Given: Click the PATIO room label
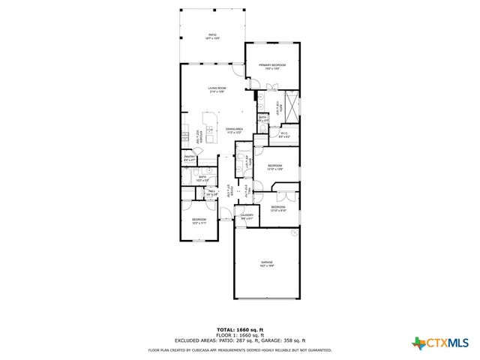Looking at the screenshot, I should click(213, 36).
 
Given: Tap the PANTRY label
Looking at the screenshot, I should click(190, 158).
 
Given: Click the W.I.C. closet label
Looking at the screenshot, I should click(284, 135).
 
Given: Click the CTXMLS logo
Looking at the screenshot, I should click(440, 343).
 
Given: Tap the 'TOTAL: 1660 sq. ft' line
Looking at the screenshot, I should click(240, 329).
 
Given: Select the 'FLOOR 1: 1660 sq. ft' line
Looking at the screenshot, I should click(240, 335).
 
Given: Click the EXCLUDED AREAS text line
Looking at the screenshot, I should click(240, 341).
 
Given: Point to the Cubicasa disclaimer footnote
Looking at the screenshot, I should click(240, 349).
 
